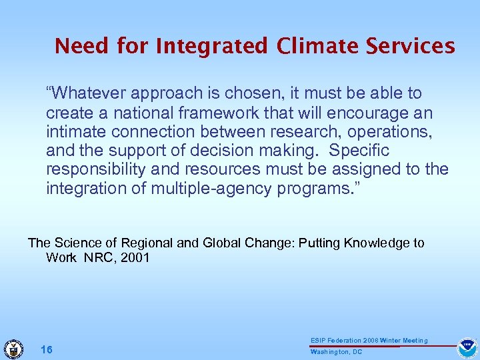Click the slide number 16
point(47,350)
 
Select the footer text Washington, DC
point(336,352)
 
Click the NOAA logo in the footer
point(466,348)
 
